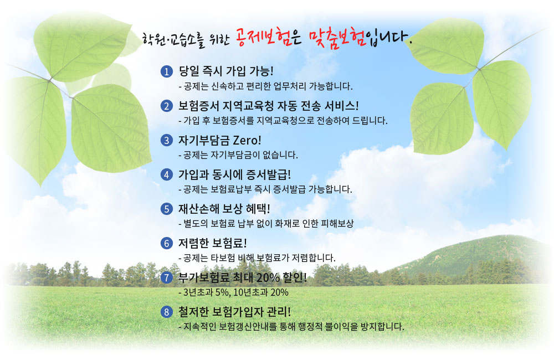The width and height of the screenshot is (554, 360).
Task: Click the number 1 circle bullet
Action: coord(166,71)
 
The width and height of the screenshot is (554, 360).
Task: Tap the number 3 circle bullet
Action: coord(166,140)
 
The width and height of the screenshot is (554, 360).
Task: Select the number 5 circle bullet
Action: coord(166,209)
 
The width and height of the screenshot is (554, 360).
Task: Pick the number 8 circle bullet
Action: coord(166,312)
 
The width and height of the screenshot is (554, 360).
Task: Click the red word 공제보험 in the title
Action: coord(263,37)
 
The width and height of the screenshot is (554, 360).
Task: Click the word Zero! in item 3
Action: coord(247,140)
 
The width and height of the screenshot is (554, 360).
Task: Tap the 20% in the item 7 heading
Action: coord(268,277)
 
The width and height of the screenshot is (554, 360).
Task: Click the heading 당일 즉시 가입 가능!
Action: coord(226,71)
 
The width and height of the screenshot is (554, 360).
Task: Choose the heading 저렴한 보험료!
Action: coord(212,243)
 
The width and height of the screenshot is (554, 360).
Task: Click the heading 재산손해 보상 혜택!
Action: coord(224,209)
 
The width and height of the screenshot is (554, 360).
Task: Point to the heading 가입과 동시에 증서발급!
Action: coord(234,174)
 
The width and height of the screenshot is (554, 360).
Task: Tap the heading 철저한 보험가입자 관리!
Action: coord(234,312)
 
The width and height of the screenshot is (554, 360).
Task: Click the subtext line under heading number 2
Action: coord(283,121)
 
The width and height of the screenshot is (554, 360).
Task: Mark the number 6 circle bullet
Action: coord(166,243)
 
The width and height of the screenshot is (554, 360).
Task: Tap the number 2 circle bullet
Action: coord(166,106)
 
